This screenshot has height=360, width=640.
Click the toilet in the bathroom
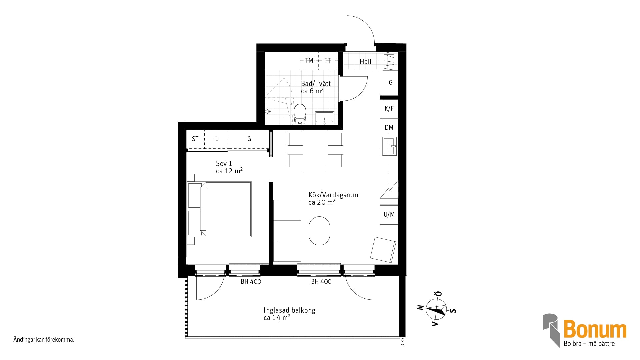point(300,114)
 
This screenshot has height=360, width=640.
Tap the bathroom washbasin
point(324,118)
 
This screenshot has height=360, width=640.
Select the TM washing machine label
point(309,60)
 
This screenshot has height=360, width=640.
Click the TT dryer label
point(328,60)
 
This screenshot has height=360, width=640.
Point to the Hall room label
point(365,61)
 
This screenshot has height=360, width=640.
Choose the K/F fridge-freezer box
point(389,109)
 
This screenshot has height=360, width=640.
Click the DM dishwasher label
point(389,127)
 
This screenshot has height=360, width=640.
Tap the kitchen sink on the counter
point(389,146)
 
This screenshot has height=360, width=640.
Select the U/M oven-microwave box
point(389,215)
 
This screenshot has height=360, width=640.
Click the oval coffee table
point(319,231)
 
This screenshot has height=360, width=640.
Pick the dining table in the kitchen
point(315,152)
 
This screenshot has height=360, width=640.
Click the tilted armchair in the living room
point(383,249)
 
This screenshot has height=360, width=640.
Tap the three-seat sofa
point(287,231)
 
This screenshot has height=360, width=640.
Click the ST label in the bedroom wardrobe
point(195,139)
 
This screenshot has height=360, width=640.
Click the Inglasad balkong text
point(289,310)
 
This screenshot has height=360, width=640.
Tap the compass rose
point(437,308)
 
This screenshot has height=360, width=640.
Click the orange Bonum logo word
point(595,329)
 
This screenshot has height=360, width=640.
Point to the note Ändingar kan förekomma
point(44,340)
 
